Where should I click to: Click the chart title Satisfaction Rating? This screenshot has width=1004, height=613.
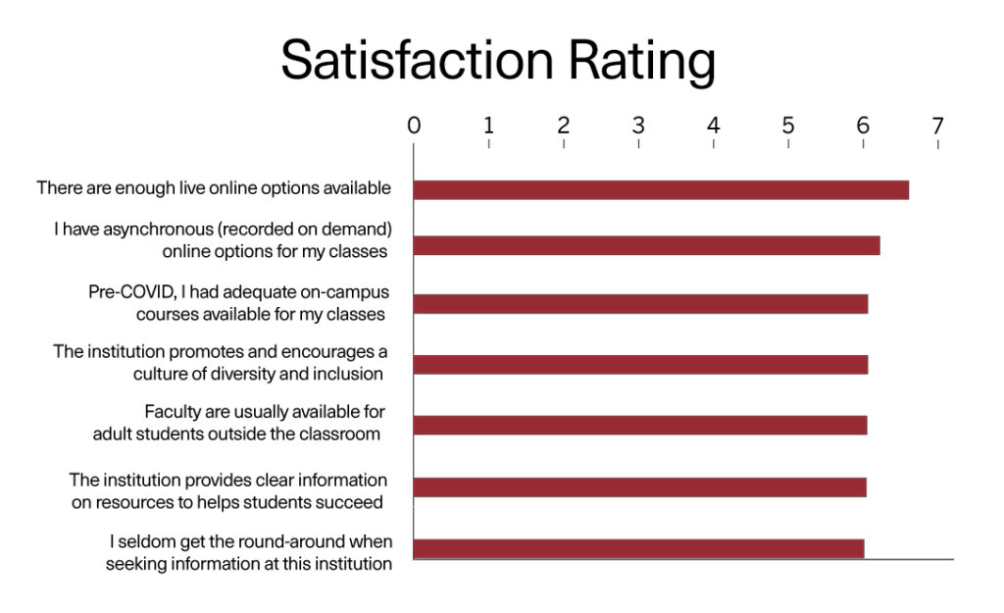(498, 61)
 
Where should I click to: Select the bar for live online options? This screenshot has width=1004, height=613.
(661, 190)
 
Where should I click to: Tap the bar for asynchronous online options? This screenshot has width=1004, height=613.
(646, 246)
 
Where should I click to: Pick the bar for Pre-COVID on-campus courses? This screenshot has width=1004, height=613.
(640, 304)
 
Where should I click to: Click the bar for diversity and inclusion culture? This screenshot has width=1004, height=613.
(640, 365)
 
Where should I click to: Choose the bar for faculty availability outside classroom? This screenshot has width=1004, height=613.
(640, 426)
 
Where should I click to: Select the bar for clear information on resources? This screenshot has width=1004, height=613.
(639, 486)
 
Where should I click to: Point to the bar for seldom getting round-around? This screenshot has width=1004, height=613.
(638, 548)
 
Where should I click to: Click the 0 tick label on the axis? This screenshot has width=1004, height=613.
(414, 126)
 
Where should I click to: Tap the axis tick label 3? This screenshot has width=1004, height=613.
(638, 126)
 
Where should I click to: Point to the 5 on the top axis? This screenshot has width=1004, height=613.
(788, 126)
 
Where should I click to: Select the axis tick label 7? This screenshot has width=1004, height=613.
(938, 126)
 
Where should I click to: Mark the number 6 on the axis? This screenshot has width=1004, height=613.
(863, 126)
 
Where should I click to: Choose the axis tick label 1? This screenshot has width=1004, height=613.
(488, 126)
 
